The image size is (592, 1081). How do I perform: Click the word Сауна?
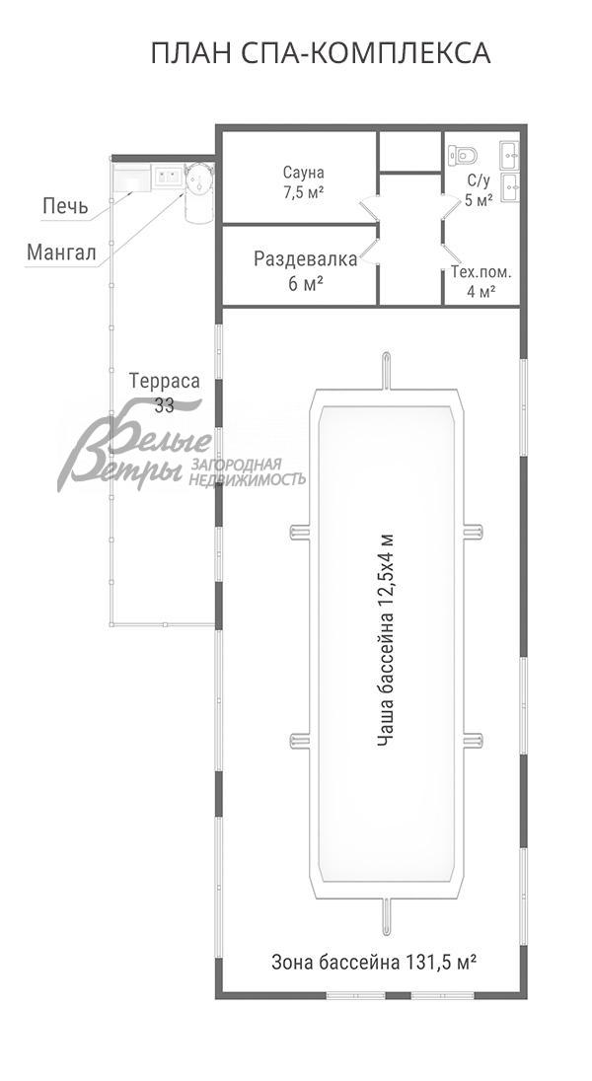[303, 172]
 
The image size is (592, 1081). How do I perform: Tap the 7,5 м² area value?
[303, 192]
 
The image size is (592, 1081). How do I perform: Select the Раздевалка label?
[306, 259]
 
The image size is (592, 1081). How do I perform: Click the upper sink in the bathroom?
[510, 156]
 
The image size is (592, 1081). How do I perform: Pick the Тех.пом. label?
[481, 271]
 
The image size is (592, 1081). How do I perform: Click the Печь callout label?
[65, 205]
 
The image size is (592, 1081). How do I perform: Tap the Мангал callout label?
[61, 252]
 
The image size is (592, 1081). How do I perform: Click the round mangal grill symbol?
[199, 180]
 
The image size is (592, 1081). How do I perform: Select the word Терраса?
[164, 382]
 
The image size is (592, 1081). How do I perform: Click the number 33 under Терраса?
[164, 406]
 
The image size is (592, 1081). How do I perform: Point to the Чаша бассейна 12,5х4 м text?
[386, 640]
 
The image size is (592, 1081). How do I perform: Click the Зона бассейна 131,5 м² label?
[375, 961]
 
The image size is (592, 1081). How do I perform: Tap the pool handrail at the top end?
[387, 371]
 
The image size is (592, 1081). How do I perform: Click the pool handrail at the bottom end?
[387, 918]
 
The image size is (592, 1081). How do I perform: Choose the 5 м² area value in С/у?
[479, 200]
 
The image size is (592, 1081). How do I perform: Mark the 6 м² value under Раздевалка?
[306, 283]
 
